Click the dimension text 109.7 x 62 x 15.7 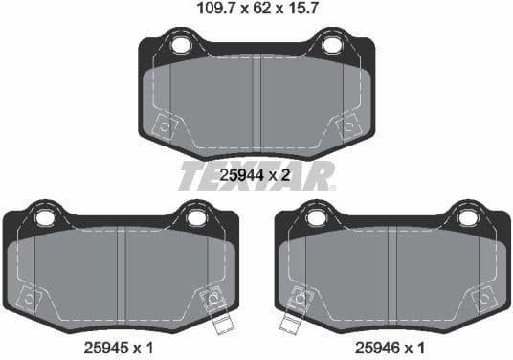256,12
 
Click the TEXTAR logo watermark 256,175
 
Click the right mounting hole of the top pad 331,45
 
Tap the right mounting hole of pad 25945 196,218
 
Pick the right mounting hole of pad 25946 467,218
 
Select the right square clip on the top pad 347,124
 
